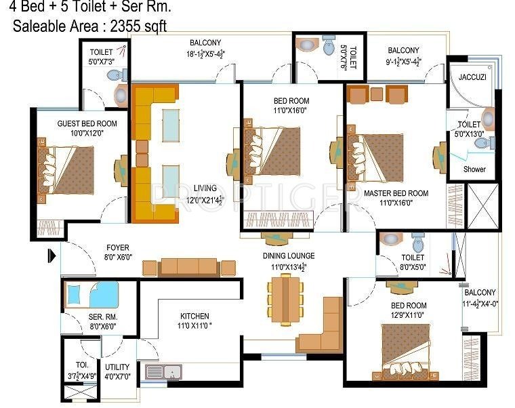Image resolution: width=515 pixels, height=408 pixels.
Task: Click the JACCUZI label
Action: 472,77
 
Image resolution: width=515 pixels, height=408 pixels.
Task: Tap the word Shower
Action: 474,169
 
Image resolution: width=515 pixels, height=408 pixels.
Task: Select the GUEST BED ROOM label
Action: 77,123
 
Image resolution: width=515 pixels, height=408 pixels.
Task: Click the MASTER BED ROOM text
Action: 396,193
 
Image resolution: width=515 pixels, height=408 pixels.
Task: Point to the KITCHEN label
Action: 194,316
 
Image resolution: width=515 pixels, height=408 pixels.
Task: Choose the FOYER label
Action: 117,247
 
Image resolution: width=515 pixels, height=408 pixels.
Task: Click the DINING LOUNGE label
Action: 289,256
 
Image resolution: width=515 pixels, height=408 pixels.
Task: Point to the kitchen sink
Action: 171,371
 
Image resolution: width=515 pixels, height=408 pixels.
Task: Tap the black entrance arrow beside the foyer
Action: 51,256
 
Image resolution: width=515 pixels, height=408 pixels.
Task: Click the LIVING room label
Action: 205,188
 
